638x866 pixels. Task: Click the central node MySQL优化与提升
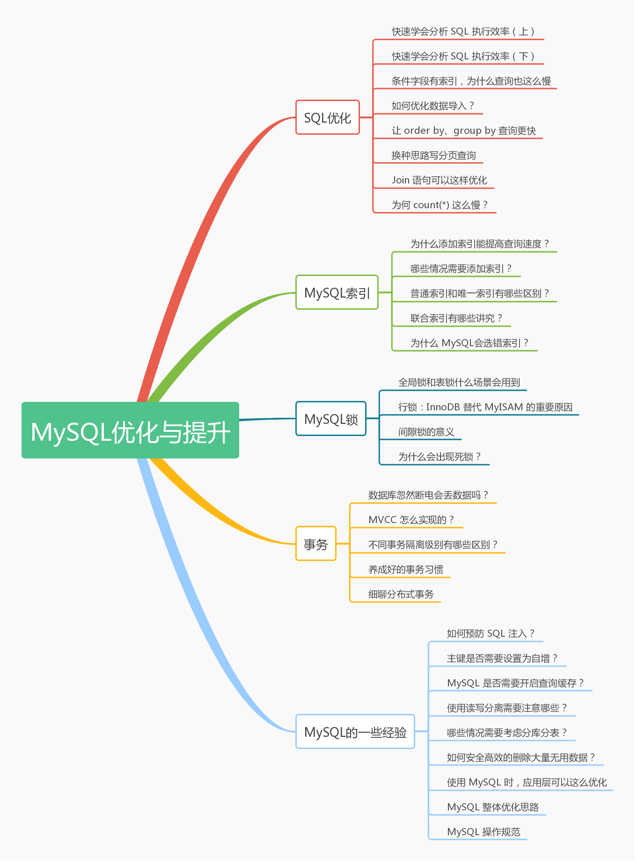pos(130,430)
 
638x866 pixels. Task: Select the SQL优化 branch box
pos(327,117)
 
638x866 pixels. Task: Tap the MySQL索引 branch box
pos(337,292)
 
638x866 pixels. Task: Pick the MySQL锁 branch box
pos(330,419)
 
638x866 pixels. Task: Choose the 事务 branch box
pos(315,544)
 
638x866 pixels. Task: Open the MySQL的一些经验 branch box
pos(355,732)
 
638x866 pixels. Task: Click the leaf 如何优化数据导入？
pos(433,106)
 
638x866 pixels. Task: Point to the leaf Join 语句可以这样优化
pos(439,180)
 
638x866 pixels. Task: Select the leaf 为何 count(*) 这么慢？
pos(440,205)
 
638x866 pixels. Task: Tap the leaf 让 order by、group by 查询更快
pos(463,131)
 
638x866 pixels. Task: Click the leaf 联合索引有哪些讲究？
pos(456,318)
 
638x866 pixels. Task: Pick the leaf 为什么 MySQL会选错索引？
pos(469,343)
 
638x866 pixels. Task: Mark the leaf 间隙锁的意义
pos(426,432)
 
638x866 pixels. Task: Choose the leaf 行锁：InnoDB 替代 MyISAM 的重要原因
pos(485,407)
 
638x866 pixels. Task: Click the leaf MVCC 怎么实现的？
pos(411,520)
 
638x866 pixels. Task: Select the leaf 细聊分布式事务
pos(401,594)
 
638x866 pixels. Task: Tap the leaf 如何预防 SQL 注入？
pos(490,633)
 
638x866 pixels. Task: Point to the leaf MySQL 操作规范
pos(483,832)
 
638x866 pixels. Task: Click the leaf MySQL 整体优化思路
pos(492,807)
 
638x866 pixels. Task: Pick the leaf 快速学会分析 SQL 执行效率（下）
pos(463,57)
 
